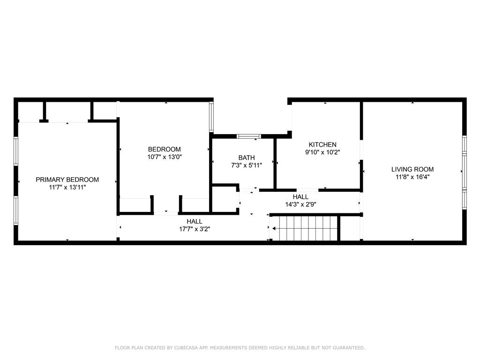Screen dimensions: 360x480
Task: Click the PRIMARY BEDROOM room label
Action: tap(67, 180)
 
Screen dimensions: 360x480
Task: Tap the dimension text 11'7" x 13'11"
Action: tap(67, 187)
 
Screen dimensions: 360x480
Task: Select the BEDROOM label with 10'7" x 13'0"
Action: tap(164, 150)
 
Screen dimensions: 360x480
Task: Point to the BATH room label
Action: tap(246, 157)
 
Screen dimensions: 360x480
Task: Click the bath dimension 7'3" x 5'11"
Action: tap(246, 165)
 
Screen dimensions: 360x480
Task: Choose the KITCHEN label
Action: tap(322, 144)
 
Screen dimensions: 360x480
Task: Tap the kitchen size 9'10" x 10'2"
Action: tap(322, 152)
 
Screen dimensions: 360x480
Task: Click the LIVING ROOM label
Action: tap(412, 169)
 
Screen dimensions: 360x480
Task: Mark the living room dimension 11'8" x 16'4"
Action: tap(412, 177)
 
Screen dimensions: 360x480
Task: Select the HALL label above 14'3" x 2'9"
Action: tap(300, 197)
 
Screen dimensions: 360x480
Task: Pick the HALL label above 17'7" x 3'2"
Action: tap(194, 221)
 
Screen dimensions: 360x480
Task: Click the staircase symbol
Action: tap(305, 229)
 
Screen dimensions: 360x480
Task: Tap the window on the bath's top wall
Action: tap(248, 136)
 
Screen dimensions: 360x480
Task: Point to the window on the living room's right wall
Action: tap(464, 172)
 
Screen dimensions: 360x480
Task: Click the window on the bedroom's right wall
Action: tap(211, 117)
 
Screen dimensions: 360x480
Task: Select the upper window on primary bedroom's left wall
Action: tap(16, 151)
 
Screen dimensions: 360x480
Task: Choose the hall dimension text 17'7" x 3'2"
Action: tap(194, 229)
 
